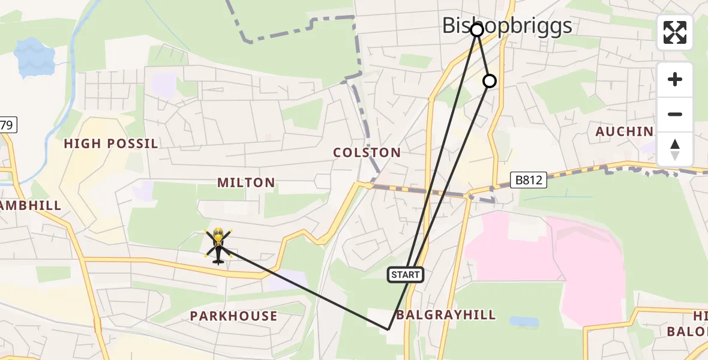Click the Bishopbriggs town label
[507, 26]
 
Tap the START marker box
[406, 275]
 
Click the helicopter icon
[218, 245]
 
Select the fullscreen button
[675, 32]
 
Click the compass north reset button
[675, 149]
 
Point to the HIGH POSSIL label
[111, 144]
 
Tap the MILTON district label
[246, 182]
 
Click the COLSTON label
[367, 153]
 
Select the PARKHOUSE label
[234, 316]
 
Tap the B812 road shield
[529, 179]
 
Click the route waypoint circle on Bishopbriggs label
[476, 29]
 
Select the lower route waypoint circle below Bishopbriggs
[490, 81]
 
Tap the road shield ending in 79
[8, 125]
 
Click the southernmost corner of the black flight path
[388, 329]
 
